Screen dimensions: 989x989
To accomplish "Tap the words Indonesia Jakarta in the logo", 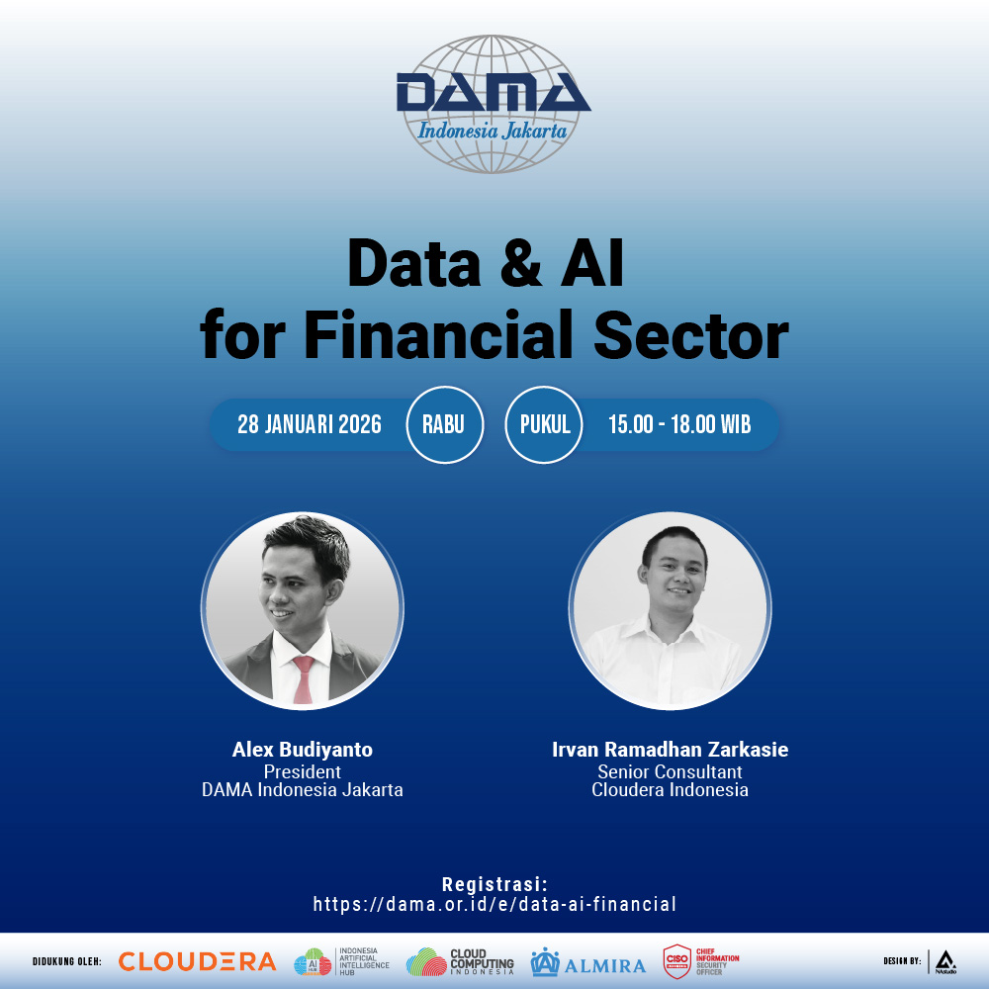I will [x=492, y=131].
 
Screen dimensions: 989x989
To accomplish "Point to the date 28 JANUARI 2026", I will [x=309, y=425].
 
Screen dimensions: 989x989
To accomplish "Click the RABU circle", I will [x=444, y=425].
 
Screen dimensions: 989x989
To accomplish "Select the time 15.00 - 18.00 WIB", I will [x=679, y=425].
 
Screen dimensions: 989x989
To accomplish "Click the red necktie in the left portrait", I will [x=304, y=679].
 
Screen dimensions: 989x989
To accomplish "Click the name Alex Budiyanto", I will [x=303, y=750].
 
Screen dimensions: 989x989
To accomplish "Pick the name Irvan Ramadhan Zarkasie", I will [x=670, y=750].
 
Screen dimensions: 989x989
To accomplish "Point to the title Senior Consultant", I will [x=670, y=771].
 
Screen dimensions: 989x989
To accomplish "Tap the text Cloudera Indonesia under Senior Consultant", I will [x=670, y=790].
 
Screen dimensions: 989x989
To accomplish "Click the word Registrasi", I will [x=494, y=884].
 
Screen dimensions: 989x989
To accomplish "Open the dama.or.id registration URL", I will [x=494, y=904].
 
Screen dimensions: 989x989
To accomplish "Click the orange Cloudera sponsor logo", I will [x=197, y=961].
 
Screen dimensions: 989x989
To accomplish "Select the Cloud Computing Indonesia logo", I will [x=460, y=961].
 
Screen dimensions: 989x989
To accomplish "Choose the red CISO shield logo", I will [x=677, y=961].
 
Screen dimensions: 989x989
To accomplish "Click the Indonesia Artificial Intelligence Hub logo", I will [x=341, y=961].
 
